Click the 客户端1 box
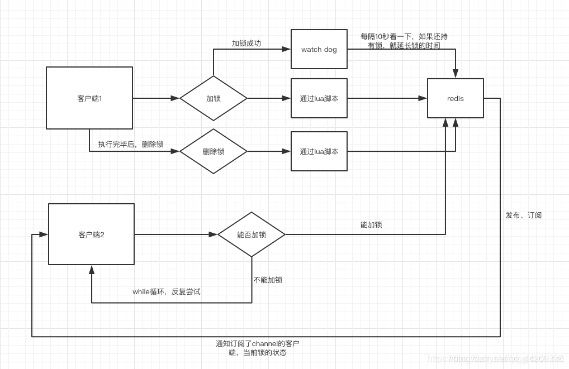(x=89, y=98)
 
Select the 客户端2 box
(x=91, y=234)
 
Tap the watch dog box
(x=319, y=49)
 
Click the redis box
(x=455, y=98)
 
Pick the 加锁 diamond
(x=213, y=98)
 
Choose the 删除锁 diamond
(x=213, y=151)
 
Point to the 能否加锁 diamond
(x=251, y=234)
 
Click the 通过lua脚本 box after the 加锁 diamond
(x=319, y=98)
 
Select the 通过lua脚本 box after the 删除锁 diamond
(x=319, y=151)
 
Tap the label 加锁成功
(x=246, y=43)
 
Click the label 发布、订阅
(x=523, y=215)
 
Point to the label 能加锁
(x=371, y=224)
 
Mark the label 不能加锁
(x=267, y=280)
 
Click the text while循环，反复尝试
(x=166, y=291)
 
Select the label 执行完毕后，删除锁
(x=130, y=144)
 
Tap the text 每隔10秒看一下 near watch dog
(x=404, y=36)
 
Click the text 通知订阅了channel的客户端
(x=261, y=343)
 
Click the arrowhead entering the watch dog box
(x=287, y=49)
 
